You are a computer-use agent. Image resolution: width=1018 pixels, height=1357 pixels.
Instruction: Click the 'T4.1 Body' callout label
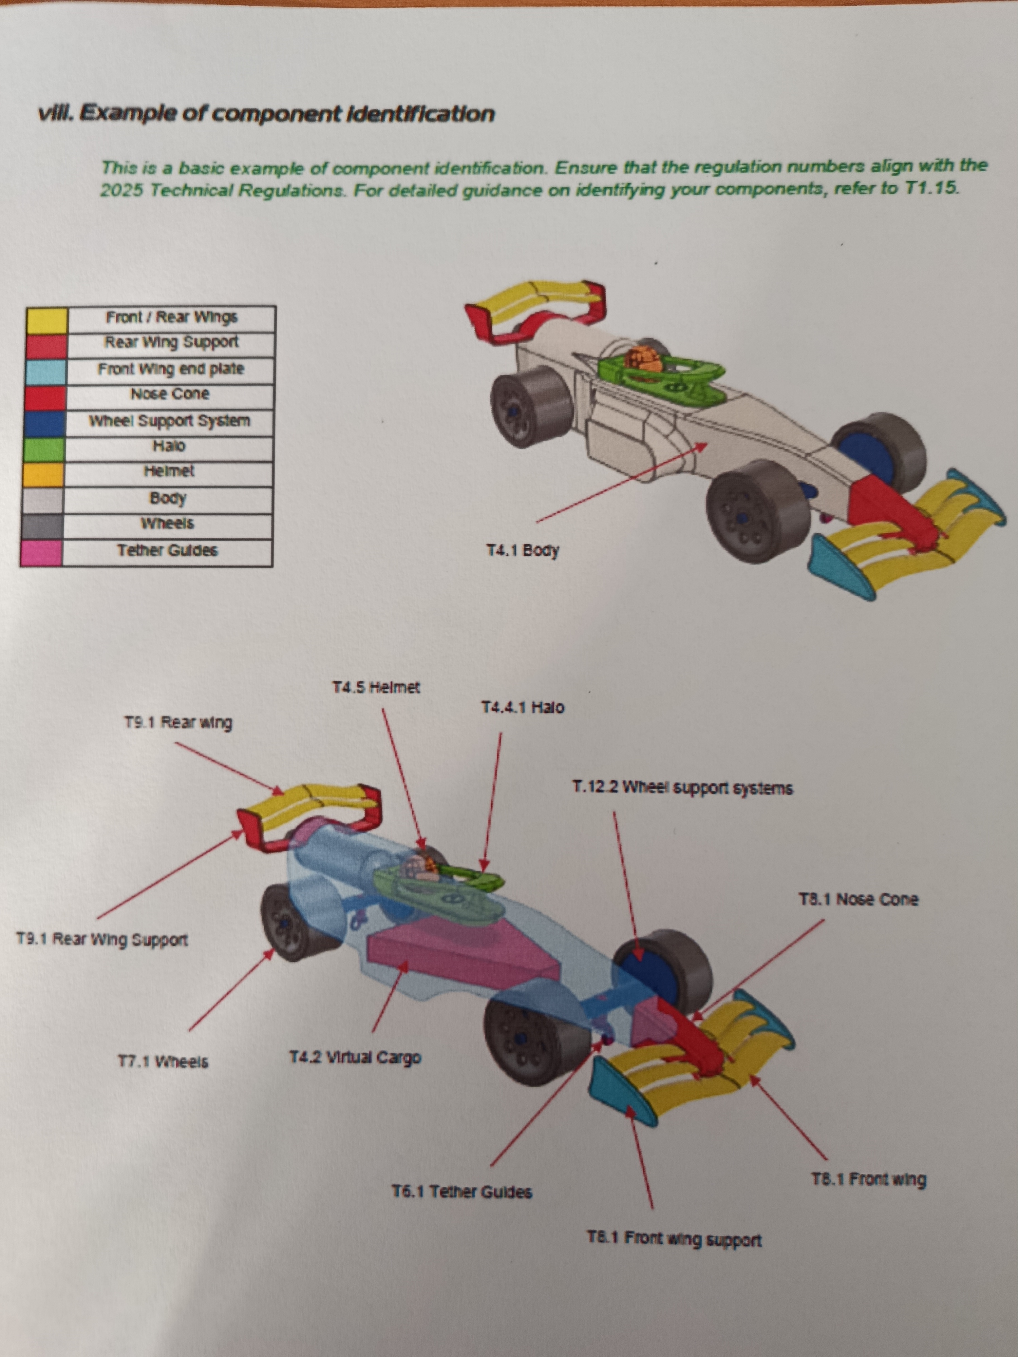pyautogui.click(x=522, y=550)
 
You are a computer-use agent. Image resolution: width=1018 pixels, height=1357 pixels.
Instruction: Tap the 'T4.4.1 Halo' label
pyautogui.click(x=522, y=707)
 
